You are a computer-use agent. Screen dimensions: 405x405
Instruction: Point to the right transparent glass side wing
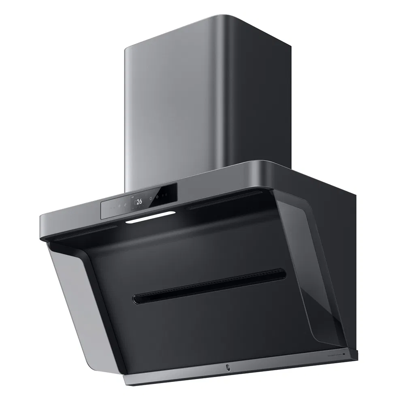[x=312, y=259]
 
